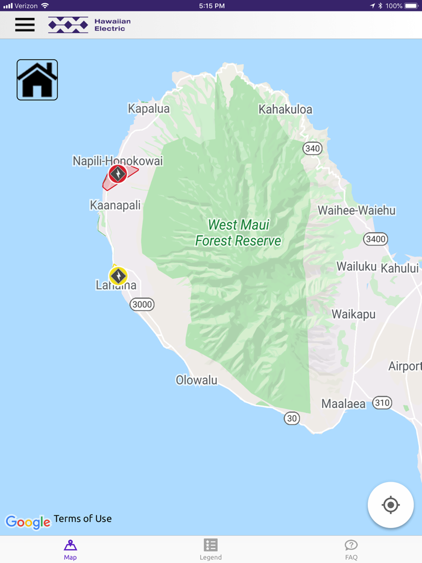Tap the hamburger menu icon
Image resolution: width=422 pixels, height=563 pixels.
pos(25,25)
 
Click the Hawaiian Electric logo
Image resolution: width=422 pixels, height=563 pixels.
pos(89,25)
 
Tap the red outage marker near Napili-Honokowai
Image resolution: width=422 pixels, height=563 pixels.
pos(118,174)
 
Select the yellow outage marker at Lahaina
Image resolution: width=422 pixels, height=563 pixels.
pos(118,276)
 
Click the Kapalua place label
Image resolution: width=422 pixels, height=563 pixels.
pos(149,109)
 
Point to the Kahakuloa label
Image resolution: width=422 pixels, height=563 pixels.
pos(285,109)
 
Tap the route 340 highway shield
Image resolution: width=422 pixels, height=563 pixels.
pos(312,148)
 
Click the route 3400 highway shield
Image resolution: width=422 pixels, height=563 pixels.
pos(376,239)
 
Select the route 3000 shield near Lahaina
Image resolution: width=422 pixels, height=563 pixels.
pos(142,304)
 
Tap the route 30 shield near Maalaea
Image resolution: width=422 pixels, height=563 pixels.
pos(292,418)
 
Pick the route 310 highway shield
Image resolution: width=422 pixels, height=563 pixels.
pos(382,403)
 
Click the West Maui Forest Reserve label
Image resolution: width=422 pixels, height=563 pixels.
pos(238,233)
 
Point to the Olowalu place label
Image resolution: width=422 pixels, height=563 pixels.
pos(197,380)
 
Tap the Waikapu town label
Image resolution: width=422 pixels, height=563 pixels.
pos(353,314)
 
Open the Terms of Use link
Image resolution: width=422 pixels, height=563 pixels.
pos(83,518)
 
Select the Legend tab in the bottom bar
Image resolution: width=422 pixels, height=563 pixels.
pos(210,549)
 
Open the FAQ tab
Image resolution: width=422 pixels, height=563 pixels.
pos(351,549)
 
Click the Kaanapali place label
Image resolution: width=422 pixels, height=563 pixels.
pos(115,205)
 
